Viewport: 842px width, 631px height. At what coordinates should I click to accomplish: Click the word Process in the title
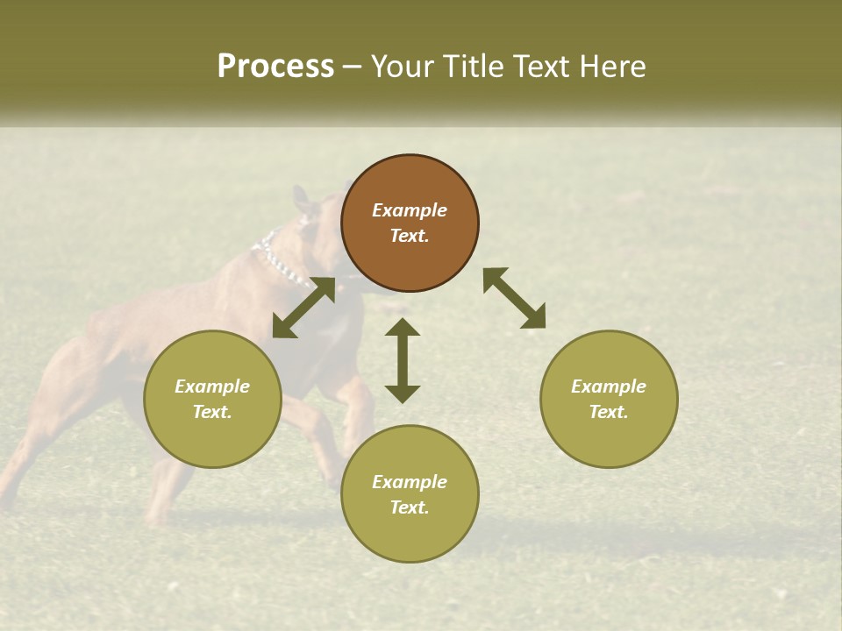pos(275,67)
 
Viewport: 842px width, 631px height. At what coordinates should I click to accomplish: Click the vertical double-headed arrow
pos(403,360)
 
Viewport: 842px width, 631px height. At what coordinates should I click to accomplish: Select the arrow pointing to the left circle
pos(303,308)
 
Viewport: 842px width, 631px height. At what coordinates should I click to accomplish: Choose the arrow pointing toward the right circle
pos(514,298)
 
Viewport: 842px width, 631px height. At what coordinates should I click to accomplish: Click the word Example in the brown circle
pos(410,210)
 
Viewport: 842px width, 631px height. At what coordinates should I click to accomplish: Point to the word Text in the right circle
pos(609,412)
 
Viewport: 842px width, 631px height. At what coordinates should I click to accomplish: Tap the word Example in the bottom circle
pos(410,482)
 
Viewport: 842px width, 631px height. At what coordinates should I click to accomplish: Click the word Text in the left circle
pos(212,412)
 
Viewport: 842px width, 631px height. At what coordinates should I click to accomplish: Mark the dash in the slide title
pos(353,67)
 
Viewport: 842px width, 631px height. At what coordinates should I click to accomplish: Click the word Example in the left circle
pos(212,386)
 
